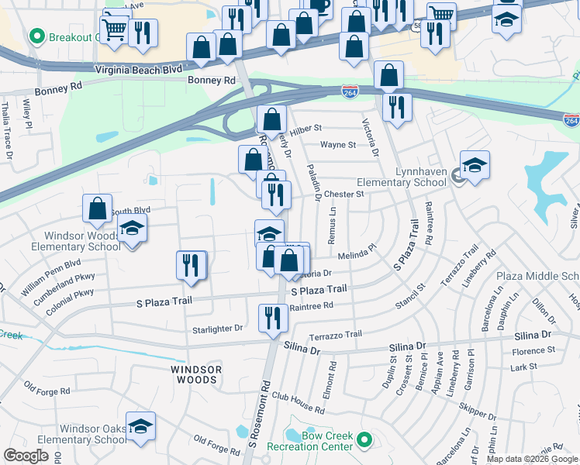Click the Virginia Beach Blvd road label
[x=138, y=69]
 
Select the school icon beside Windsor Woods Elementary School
[x=133, y=229]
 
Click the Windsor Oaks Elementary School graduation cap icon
[x=140, y=426]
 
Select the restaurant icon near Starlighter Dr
[x=272, y=319]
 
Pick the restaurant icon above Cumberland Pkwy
[x=190, y=266]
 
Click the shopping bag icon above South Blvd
[x=97, y=208]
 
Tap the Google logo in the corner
[x=26, y=456]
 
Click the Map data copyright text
[x=531, y=459]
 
